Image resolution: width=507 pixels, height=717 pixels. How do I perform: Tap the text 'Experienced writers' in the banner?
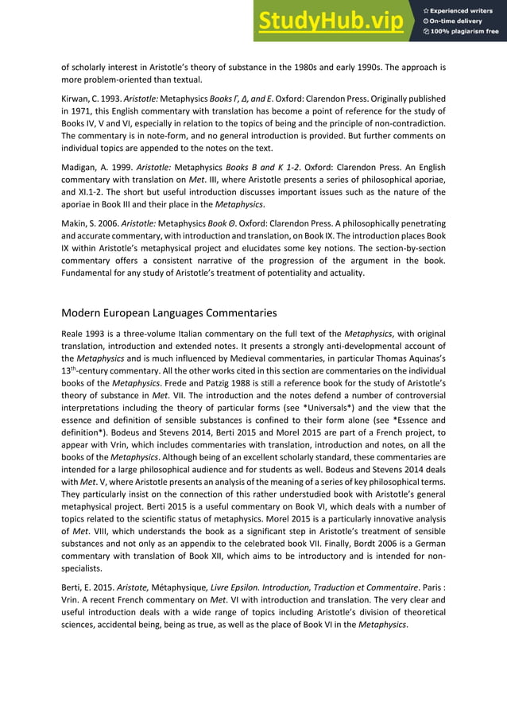click(x=465, y=10)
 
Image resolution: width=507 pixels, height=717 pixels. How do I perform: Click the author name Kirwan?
click(x=76, y=98)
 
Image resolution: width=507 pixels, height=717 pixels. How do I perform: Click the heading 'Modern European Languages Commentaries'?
click(x=169, y=312)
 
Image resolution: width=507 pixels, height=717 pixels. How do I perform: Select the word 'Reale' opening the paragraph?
click(x=75, y=333)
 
